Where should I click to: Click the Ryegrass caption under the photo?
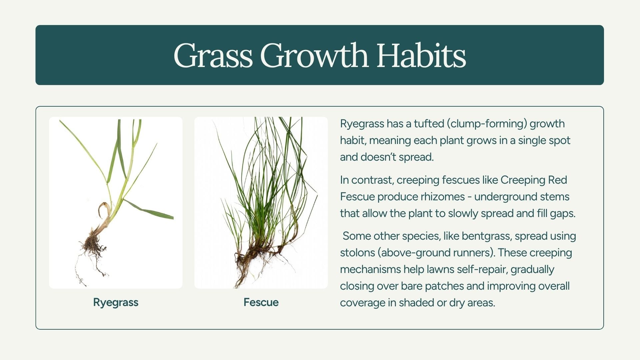[116, 303]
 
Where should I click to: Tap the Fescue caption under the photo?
[261, 302]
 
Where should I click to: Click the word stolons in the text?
[357, 253]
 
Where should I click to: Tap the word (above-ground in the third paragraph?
[409, 253]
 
